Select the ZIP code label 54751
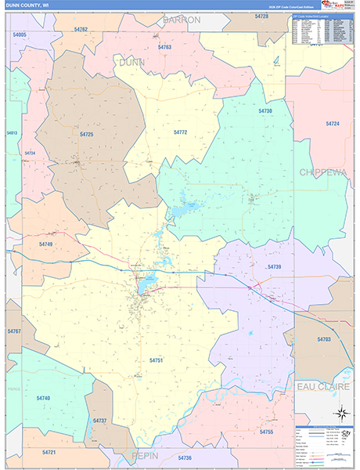pyautogui.click(x=156, y=360)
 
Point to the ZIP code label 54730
pyautogui.click(x=265, y=111)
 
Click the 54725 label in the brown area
pyautogui.click(x=86, y=135)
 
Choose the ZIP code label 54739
pyautogui.click(x=274, y=267)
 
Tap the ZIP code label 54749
pyautogui.click(x=46, y=244)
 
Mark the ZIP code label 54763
pyautogui.click(x=164, y=48)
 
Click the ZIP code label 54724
pyautogui.click(x=333, y=124)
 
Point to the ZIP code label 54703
pyautogui.click(x=324, y=339)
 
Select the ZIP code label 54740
pyautogui.click(x=43, y=398)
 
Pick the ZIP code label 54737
pyautogui.click(x=99, y=421)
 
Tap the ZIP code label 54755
pyautogui.click(x=266, y=432)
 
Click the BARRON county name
pyautogui.click(x=182, y=19)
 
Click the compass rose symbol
pyautogui.click(x=341, y=413)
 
